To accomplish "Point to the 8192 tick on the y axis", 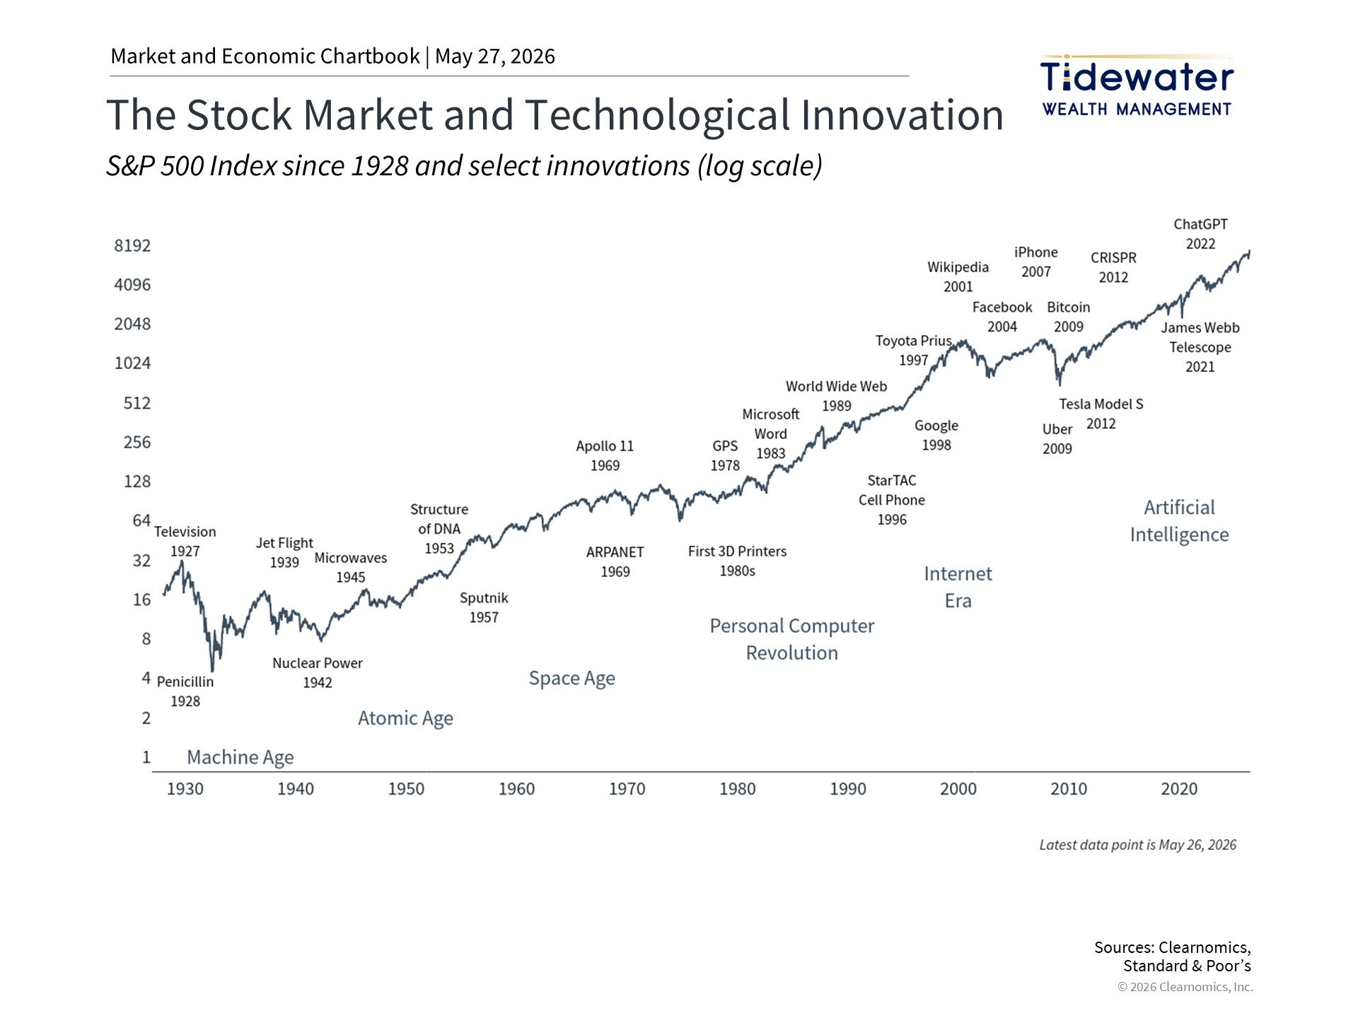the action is coord(132,246).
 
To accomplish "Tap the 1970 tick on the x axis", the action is coord(627,789).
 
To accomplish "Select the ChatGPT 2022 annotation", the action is coord(1200,234).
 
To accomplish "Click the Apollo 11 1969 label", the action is coord(605,456).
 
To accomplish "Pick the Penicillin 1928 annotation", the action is coord(185,691).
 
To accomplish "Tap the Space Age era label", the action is coord(572,679).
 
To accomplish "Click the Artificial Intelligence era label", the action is coord(1179,521).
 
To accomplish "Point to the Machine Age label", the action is coord(240,757).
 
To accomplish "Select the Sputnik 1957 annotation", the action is coord(484,607).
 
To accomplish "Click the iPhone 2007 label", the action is coord(1036,262).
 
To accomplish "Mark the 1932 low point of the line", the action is coord(212,670).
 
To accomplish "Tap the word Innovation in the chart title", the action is coord(902,115).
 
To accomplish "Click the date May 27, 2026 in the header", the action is coord(495,57).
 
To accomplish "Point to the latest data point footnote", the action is coord(1138,845).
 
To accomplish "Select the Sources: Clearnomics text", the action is coord(1173,947).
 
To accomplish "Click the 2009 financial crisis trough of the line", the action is coord(1059,383).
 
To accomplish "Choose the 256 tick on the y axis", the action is coord(137,443).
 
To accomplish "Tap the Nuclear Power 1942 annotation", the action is coord(318,672).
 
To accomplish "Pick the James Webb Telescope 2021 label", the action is coord(1200,347).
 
